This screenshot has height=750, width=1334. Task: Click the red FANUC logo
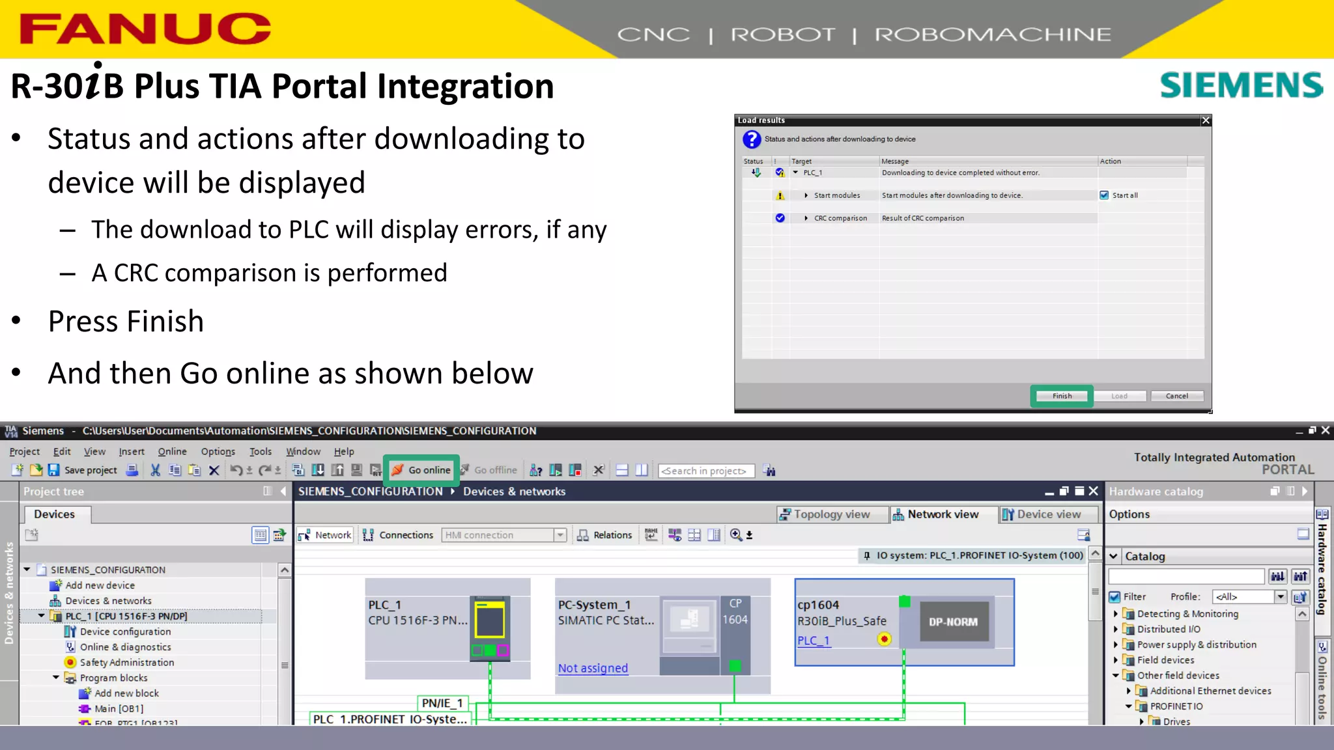pos(145,29)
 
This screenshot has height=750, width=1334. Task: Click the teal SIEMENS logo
pos(1241,85)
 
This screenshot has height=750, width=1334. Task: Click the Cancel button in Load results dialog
pos(1176,396)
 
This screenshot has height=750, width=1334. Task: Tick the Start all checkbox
pos(1104,195)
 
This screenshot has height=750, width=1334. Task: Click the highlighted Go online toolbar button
pos(422,470)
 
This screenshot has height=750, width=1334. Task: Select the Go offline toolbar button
pos(489,470)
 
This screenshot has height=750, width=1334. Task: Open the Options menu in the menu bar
pos(218,451)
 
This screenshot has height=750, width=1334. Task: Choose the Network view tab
pos(936,514)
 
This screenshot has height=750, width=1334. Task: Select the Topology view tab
pos(825,514)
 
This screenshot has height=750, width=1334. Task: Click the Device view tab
pos(1042,514)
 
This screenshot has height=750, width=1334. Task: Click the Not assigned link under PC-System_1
pos(593,668)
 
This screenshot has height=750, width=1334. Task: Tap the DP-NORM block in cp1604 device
pos(953,622)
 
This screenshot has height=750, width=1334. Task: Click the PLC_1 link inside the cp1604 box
pos(814,641)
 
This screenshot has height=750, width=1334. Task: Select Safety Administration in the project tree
pos(127,662)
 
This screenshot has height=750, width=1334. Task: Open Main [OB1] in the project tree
pos(119,708)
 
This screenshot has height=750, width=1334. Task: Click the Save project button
pos(83,470)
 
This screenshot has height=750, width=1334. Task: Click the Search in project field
pos(706,471)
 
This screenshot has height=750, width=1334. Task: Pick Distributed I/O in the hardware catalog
pos(1169,629)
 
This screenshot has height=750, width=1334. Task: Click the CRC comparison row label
pos(840,218)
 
